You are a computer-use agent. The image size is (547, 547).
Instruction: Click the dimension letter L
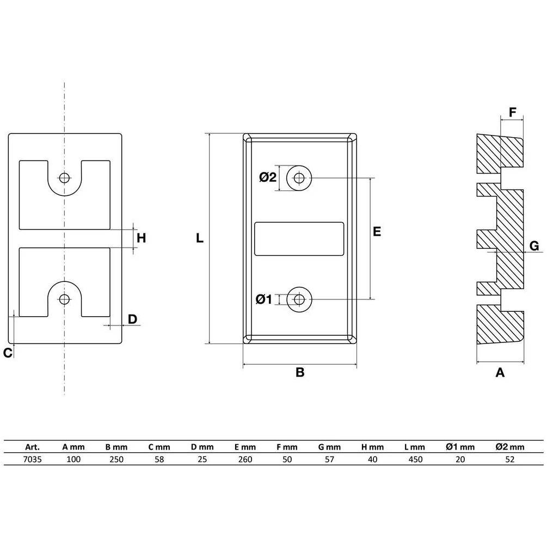point(199,238)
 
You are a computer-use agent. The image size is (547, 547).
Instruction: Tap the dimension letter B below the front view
point(300,372)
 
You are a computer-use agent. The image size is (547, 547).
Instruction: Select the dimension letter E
point(377,231)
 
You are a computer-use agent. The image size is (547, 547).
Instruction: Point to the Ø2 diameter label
point(268,177)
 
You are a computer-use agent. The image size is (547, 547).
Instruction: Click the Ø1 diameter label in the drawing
point(264,299)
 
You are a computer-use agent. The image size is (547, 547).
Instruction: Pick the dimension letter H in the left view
point(142,238)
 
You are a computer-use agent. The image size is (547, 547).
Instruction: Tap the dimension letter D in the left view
point(133,319)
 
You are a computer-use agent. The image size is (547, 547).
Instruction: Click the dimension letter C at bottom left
point(8,353)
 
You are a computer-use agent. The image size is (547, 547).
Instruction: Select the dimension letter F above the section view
point(513,112)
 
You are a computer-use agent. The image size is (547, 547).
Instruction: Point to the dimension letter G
point(534,246)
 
